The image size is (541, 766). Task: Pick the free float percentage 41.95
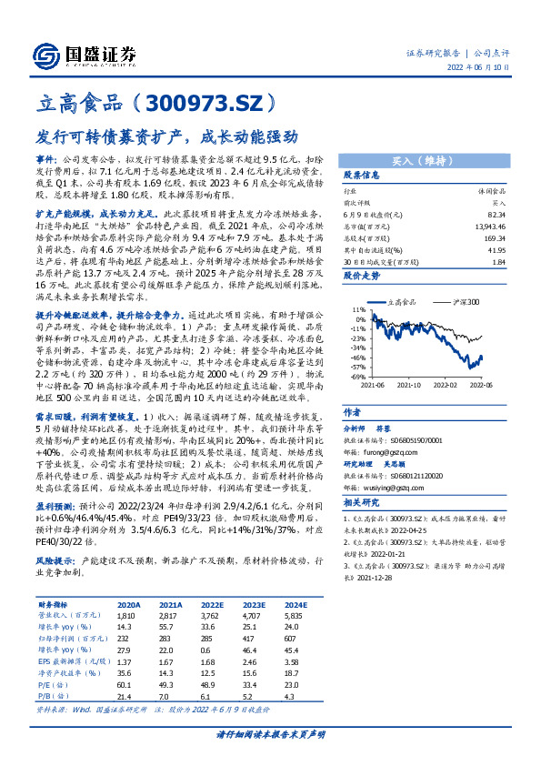tap(496, 247)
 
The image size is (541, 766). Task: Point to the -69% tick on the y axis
tap(357, 376)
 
